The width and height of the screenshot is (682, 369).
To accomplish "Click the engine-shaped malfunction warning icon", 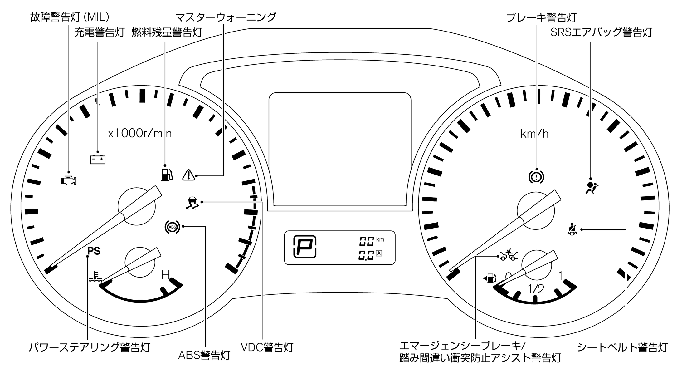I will coord(69,180).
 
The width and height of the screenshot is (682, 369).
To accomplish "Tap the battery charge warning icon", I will coord(98,160).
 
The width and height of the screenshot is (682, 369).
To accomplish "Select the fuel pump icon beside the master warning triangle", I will coord(166,175).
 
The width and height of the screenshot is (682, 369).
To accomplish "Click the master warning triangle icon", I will coord(188,175).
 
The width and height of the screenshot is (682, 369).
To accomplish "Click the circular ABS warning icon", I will coord(172,227).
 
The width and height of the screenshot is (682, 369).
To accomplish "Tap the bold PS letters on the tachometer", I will coord(94,251).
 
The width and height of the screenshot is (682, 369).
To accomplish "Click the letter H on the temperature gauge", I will coord(166,275).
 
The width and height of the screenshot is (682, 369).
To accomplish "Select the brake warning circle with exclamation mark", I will coord(536,177).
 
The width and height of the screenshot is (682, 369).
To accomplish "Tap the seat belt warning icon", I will coord(572,229).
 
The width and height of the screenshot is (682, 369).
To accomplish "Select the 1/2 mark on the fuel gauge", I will coord(536,289).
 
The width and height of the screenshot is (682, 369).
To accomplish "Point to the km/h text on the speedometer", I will coord(534,134).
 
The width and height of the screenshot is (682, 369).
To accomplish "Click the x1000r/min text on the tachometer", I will coord(139,134).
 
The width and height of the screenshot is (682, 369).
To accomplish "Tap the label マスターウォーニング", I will coord(226,17).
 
